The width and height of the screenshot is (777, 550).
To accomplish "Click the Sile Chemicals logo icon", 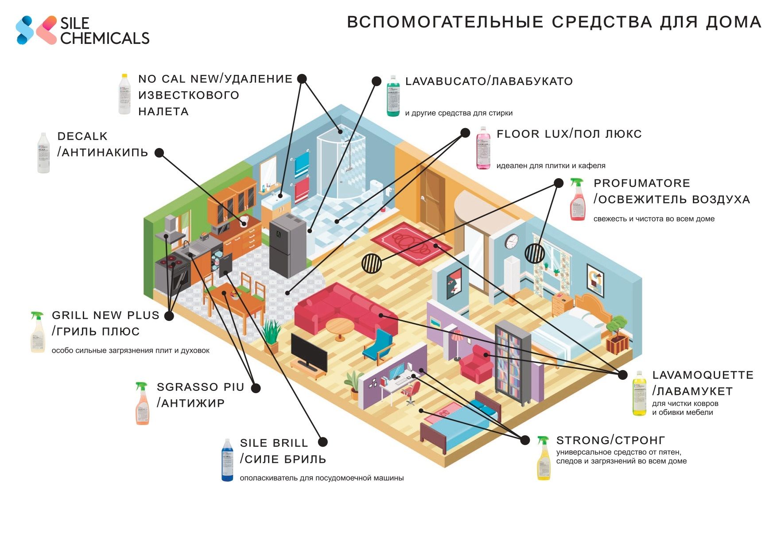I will tap(36, 30).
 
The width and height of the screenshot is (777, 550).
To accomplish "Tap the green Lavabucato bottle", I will tap(392, 96).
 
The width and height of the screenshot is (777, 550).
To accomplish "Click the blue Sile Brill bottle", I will tap(227, 460).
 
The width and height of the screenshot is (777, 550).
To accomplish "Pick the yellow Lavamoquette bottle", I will tap(639, 394).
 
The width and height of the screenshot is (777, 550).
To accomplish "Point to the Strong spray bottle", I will tap(544, 458).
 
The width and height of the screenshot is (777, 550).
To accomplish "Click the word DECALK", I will tap(82, 136).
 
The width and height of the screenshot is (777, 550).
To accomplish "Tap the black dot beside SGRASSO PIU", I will tap(256, 388).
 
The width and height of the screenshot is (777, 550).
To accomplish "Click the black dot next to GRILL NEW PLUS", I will tap(169, 316).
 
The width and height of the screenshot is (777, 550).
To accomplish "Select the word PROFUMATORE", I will tap(641, 183).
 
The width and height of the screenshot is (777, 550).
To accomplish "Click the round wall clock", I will tap(512, 242).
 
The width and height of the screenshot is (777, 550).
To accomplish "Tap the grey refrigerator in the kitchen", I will tap(287, 245).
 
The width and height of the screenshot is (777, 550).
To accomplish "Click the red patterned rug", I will tap(411, 243).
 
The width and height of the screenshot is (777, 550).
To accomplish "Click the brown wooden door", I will tap(432, 198).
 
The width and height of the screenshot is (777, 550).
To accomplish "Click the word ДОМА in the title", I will tap(733, 22).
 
